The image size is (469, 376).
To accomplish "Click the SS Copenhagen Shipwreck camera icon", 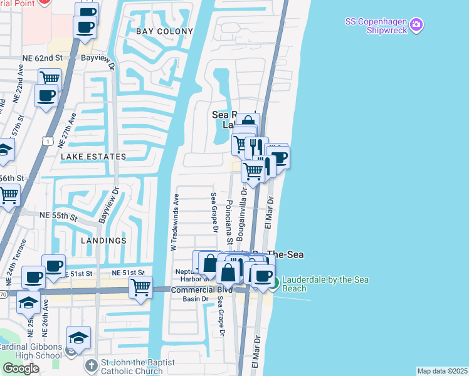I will coord(417,26).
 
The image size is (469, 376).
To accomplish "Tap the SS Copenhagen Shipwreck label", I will coord(376,26).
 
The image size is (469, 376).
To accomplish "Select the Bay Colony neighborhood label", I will coord(159,30).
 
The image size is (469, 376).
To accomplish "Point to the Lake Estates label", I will coord(93,156).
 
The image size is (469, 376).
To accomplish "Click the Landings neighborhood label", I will coord(103,240).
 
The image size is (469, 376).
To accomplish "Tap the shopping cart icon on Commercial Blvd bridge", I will coord(141,288).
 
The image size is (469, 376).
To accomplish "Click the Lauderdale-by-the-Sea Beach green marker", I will coord(273,284).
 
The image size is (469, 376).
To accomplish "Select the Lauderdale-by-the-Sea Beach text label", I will coord(325,284).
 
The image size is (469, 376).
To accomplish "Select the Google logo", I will coord(21,368).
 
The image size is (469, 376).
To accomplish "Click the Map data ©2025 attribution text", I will coord(443,371).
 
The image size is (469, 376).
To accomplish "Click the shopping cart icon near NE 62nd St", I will coord(50,78).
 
